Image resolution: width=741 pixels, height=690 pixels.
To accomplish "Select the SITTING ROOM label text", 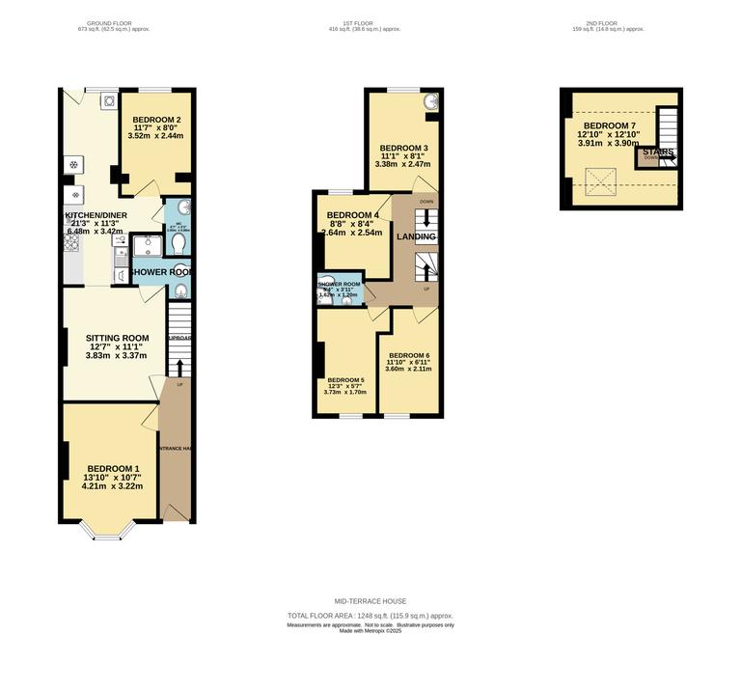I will point(117,338).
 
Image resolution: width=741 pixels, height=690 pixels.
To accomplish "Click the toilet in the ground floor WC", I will point(179,245).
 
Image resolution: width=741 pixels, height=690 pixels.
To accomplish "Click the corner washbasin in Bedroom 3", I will point(429,100).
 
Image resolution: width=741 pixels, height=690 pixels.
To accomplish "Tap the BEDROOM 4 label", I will point(352,214).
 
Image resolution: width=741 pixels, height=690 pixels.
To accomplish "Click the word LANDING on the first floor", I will point(417,236).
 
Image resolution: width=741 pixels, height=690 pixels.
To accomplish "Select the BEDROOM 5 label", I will point(345,380).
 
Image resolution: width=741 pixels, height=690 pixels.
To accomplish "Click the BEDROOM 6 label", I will point(408,356).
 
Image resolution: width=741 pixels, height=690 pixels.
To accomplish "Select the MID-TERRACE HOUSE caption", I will point(370,601).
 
